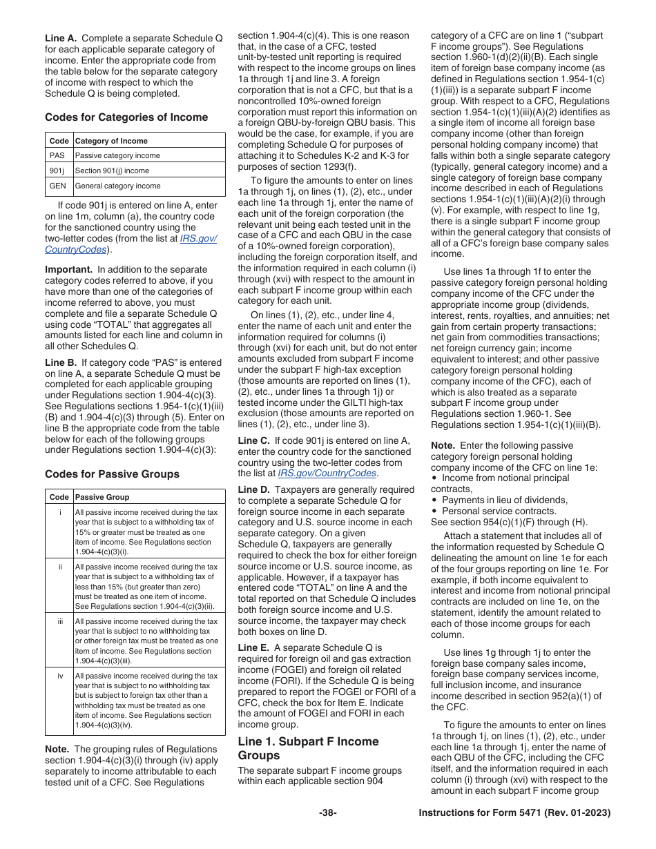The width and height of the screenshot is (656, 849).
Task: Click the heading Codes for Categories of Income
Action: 126,117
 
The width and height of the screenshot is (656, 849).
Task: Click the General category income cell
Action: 117,186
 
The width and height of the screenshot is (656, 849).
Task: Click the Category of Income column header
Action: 111,141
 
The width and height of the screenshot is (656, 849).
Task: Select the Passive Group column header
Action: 102,497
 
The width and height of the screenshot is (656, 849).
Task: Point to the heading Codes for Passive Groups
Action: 112,474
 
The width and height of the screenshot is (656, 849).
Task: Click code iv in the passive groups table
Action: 59,676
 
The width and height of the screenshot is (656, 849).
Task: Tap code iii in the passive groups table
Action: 59,621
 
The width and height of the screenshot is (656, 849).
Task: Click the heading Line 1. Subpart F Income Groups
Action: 308,748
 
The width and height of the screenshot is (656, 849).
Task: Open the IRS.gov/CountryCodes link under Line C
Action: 327,474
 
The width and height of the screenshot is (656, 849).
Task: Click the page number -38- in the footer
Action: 327,813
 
